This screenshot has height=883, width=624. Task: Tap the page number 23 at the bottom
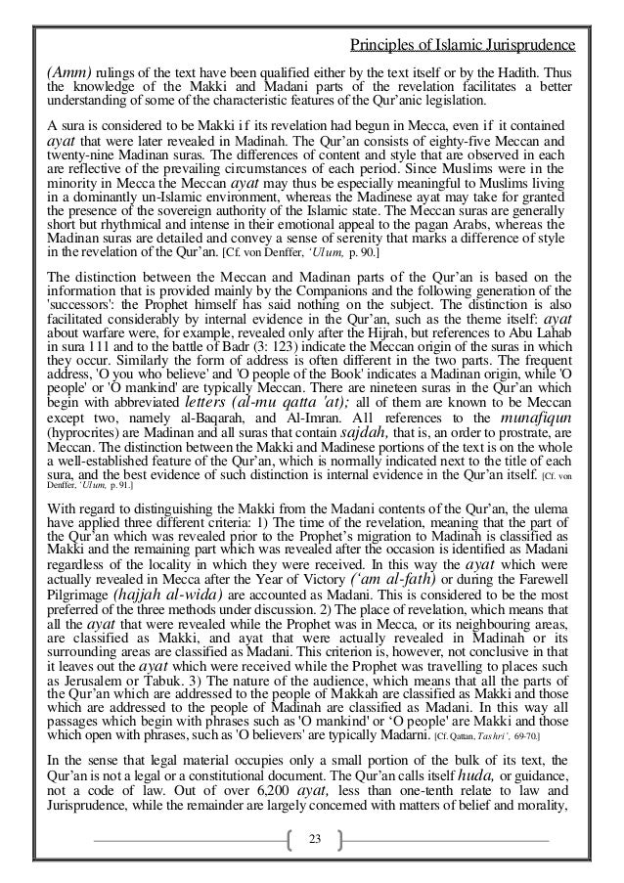pyautogui.click(x=314, y=840)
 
